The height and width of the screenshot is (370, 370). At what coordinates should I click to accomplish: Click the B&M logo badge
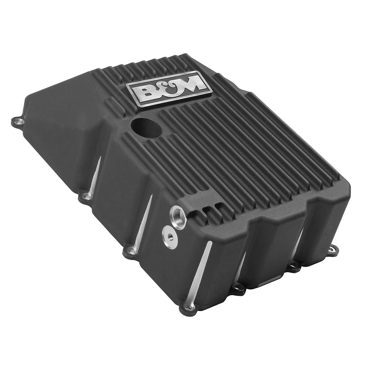pos(170,88)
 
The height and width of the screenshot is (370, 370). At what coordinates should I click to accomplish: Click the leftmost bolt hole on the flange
pos(17,122)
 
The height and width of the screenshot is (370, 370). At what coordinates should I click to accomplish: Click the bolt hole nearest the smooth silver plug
pos(131,251)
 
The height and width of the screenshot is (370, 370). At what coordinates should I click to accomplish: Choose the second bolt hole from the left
pos(86,197)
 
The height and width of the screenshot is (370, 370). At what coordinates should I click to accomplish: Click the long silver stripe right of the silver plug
pos(199,272)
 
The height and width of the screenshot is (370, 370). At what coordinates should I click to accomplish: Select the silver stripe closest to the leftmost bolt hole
pos(95,176)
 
